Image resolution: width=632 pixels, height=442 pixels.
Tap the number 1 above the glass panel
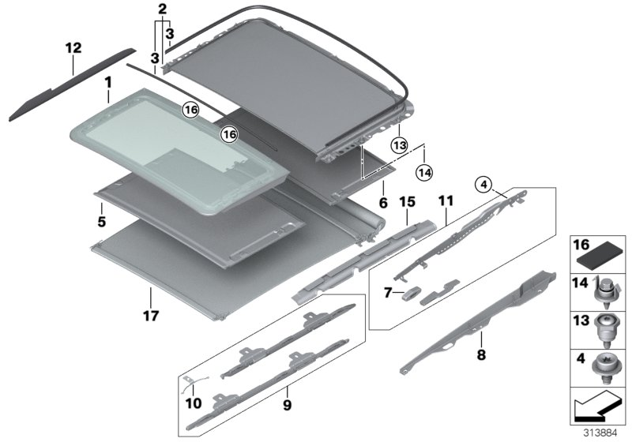coord(108,81)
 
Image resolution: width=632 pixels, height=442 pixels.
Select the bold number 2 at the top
coord(162,10)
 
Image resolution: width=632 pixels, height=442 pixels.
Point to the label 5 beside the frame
coord(102,222)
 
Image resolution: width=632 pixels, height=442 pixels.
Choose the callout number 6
coord(382,203)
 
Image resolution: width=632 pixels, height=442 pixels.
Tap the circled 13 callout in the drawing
coord(399,144)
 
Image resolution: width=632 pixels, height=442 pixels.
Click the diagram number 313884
coord(601,433)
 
